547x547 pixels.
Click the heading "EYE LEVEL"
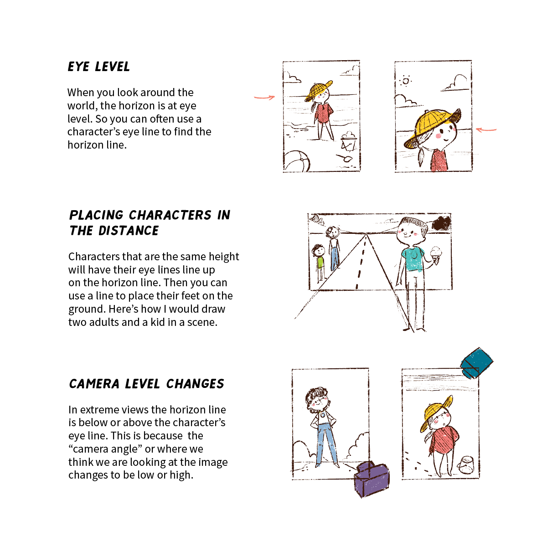[x=99, y=67]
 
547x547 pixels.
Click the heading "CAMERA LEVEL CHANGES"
[x=146, y=384]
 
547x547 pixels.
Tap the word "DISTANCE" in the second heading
[x=129, y=231]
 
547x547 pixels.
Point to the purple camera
[x=372, y=479]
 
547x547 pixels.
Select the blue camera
[x=476, y=363]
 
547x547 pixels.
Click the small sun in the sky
[x=405, y=81]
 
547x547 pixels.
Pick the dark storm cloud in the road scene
[x=441, y=223]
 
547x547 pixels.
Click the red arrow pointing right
[x=264, y=97]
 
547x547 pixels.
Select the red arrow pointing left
[x=486, y=130]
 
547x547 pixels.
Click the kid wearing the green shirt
[x=320, y=262]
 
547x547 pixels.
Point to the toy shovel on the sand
[x=344, y=158]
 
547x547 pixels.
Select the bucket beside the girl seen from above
[x=466, y=465]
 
